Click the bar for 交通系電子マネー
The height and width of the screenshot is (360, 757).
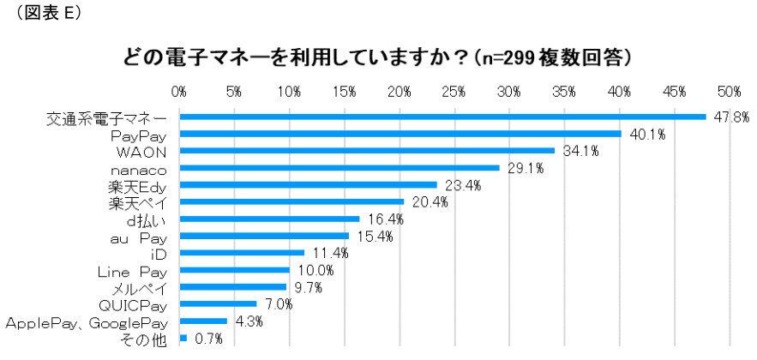(x=442, y=117)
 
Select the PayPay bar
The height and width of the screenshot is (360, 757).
(x=400, y=134)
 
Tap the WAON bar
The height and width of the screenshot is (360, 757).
(x=367, y=151)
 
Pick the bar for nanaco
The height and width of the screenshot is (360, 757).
(x=339, y=168)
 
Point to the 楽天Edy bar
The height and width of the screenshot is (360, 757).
(x=308, y=184)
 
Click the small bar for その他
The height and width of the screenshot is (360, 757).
(x=183, y=338)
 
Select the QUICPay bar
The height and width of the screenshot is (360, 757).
(x=218, y=303)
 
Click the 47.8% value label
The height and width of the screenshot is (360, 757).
(x=729, y=117)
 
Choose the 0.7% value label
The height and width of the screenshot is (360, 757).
(x=207, y=339)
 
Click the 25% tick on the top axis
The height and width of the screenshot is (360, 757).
(x=454, y=91)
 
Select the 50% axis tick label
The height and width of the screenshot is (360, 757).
(x=730, y=91)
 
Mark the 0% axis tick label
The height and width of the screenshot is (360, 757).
(x=179, y=91)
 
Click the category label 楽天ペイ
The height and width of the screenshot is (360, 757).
(x=136, y=202)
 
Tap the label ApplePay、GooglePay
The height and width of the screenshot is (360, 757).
(x=86, y=321)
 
